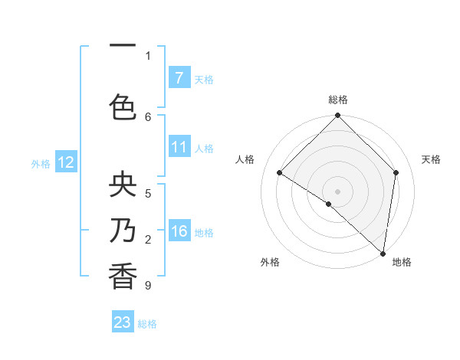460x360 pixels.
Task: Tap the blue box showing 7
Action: point(179,78)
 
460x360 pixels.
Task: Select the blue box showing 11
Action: point(179,147)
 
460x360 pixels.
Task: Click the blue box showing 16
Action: point(179,231)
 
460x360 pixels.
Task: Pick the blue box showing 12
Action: point(66,162)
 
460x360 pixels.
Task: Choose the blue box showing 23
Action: point(123,322)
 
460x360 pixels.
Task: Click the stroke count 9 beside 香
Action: point(147,286)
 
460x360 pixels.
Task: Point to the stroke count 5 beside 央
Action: point(147,193)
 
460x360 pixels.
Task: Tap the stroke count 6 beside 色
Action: point(147,116)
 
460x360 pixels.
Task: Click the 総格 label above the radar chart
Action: point(337,100)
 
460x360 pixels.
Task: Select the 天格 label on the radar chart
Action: point(432,159)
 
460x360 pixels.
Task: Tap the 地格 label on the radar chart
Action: point(402,262)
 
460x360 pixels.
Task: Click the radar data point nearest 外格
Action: point(329,204)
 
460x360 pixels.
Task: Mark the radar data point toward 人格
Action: point(280,173)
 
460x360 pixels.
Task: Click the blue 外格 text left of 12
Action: point(41,163)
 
